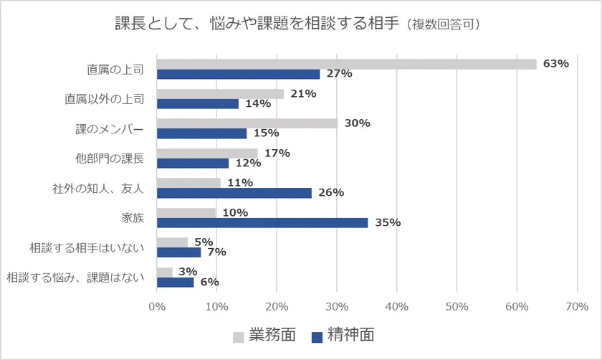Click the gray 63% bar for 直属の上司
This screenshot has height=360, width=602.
346,64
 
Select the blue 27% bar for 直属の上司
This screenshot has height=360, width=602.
238,74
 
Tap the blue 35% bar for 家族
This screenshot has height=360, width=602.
262,222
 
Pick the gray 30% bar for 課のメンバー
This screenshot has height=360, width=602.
247,123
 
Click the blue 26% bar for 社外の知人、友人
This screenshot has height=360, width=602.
234,193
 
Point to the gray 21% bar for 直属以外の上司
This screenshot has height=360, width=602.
220,93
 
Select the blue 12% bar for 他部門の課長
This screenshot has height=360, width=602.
193,163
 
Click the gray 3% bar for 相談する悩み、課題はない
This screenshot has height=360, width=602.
165,272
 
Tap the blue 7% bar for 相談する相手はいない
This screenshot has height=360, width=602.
178,252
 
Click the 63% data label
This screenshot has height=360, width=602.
555,63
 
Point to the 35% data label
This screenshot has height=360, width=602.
387,222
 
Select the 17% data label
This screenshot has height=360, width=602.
277,153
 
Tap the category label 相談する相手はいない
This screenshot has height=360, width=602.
87,247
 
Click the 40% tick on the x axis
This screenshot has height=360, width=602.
396,307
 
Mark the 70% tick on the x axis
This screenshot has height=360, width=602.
577,307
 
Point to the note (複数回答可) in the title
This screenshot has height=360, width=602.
442,24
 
